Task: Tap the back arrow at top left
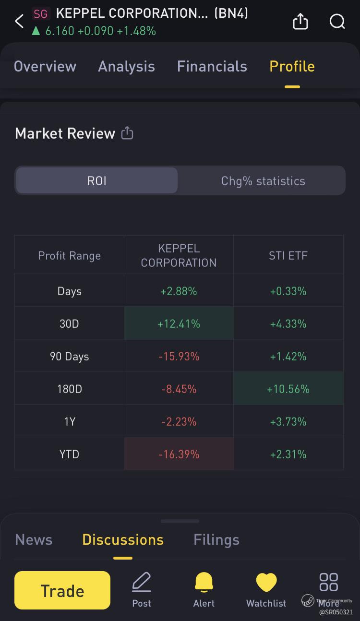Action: pos(19,21)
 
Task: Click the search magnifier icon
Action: pos(337,21)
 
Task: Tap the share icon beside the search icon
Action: pos(300,21)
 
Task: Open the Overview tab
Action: pos(45,66)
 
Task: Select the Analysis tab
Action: pos(126,66)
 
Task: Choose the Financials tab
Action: pos(212,66)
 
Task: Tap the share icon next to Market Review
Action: pos(127,133)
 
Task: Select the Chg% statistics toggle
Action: pos(263,181)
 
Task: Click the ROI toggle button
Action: pos(96,181)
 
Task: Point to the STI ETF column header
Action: pos(288,255)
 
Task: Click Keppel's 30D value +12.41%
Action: pos(179,324)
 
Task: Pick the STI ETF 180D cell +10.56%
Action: pos(288,389)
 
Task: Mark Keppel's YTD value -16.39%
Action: pos(179,454)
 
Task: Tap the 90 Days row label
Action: pos(69,357)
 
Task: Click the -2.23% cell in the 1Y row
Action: pos(179,421)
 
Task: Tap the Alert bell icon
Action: pos(204,583)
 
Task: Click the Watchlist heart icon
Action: pos(266,583)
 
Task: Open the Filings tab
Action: pos(216,540)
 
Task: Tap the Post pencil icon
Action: pos(142,583)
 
